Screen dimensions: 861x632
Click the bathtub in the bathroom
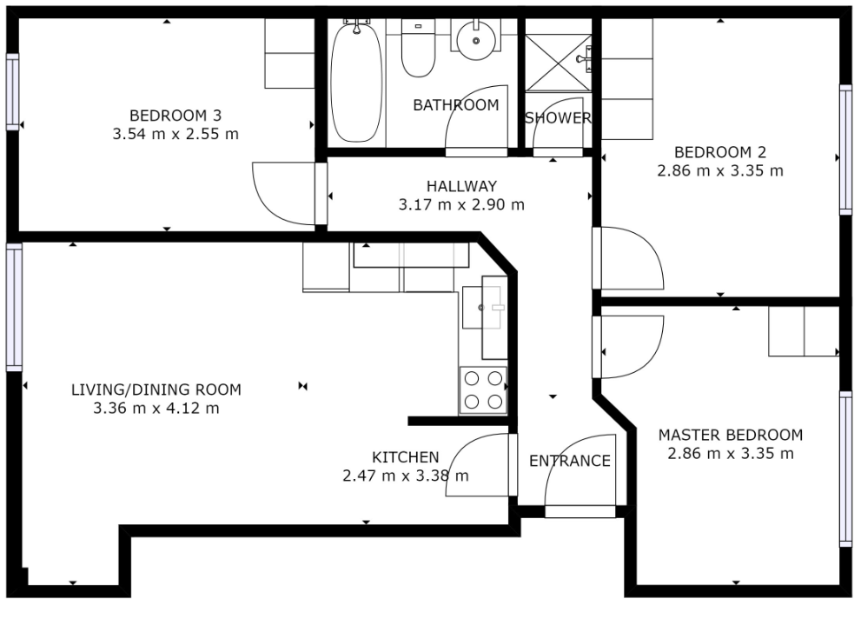pyautogui.click(x=356, y=81)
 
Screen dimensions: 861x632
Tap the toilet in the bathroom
pyautogui.click(x=419, y=49)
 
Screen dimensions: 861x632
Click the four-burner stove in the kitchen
pyautogui.click(x=483, y=390)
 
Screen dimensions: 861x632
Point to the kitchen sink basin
pyautogui.click(x=482, y=308)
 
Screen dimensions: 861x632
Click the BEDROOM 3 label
pyautogui.click(x=176, y=116)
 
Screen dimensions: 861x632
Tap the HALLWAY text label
pyautogui.click(x=462, y=186)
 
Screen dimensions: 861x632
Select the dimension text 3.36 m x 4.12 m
pyautogui.click(x=156, y=409)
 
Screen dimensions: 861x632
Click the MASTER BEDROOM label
pyautogui.click(x=731, y=436)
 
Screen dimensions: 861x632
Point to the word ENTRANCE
pyautogui.click(x=570, y=461)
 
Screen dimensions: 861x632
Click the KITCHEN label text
pyautogui.click(x=406, y=457)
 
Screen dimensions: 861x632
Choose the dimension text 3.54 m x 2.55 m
pyautogui.click(x=176, y=134)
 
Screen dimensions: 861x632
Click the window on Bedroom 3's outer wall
pyautogui.click(x=12, y=92)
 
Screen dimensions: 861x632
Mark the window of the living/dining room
pyautogui.click(x=14, y=307)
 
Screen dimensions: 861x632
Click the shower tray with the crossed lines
pyautogui.click(x=559, y=63)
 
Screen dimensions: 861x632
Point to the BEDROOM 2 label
pyautogui.click(x=720, y=152)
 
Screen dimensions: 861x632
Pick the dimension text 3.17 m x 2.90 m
pyautogui.click(x=462, y=205)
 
